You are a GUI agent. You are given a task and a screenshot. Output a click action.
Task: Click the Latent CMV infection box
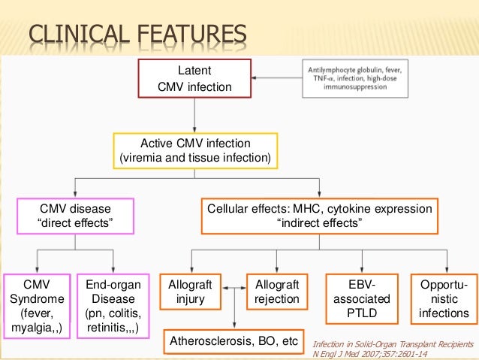(194, 79)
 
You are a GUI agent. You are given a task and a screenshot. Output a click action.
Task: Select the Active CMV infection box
(195, 150)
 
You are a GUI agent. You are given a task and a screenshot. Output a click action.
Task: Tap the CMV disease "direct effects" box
(75, 216)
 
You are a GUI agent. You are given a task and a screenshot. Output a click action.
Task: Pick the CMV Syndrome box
(37, 306)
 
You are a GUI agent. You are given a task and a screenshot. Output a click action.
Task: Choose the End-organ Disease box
(113, 306)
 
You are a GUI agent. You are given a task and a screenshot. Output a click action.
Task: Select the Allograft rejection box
(277, 292)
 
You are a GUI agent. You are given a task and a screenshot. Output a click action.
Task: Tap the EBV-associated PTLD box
(362, 298)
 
